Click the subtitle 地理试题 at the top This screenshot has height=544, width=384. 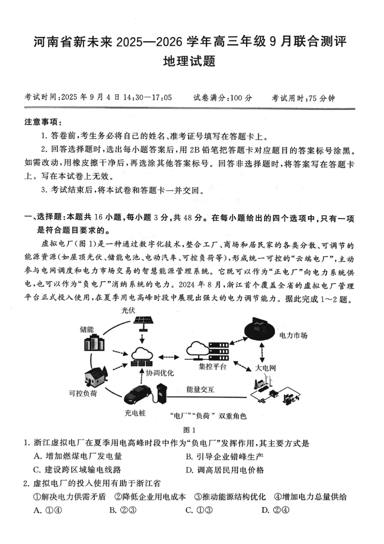click(192, 61)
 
